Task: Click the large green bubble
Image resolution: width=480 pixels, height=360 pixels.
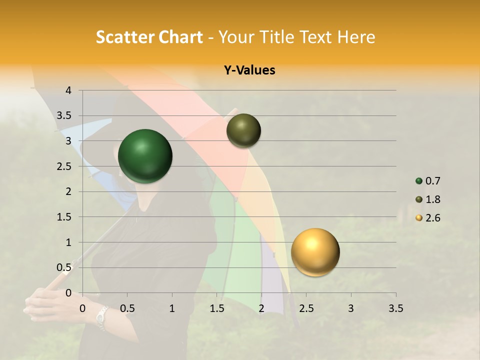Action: (145, 156)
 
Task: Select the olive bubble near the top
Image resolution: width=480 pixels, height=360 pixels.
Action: (243, 130)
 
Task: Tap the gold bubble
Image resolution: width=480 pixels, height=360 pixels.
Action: (315, 252)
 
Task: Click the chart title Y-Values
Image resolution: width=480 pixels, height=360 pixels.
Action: (249, 70)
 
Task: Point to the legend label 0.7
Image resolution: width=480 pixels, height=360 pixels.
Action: (432, 181)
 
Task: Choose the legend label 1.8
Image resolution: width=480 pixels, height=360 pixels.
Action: (432, 199)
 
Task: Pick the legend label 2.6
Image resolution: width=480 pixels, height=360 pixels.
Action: (432, 218)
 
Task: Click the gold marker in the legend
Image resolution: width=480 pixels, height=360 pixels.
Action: (419, 218)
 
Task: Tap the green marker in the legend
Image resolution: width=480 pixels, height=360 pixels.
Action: (419, 181)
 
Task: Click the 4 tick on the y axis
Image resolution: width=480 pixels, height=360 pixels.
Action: (68, 90)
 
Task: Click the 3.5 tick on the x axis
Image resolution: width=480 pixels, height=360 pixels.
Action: (395, 308)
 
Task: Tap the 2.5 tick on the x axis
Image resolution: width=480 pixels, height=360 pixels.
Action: (306, 308)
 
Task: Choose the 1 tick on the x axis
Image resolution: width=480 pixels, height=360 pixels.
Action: (172, 308)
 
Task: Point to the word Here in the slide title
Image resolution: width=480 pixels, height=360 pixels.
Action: (355, 37)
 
